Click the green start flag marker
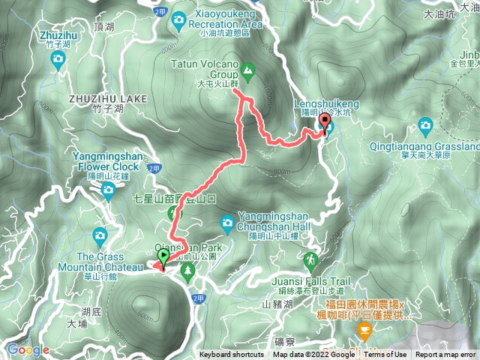coord(163,256)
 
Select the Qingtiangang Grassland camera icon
coord(426,124)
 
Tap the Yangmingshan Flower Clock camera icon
coord(109,190)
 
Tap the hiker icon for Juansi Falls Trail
coord(310,259)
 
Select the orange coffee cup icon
coord(364,331)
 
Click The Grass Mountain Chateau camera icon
coord(100,238)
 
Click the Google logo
coord(28,349)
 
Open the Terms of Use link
coord(385,355)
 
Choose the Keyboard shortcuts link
coord(231,355)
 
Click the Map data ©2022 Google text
coord(314,355)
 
